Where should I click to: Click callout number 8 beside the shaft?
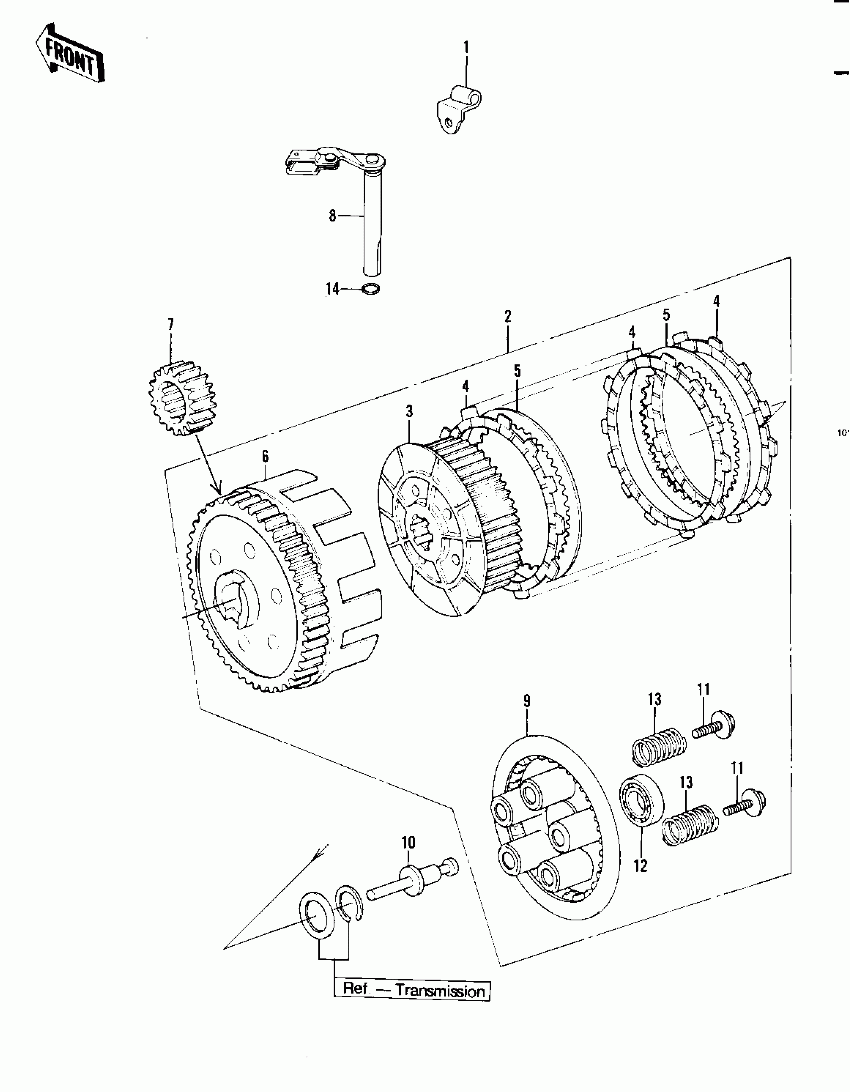(x=332, y=216)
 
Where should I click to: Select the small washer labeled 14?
(x=370, y=289)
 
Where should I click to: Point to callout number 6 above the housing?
(x=265, y=456)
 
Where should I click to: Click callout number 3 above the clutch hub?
(x=409, y=412)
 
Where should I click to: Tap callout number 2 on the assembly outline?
(x=508, y=316)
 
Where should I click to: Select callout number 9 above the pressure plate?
(x=527, y=701)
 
